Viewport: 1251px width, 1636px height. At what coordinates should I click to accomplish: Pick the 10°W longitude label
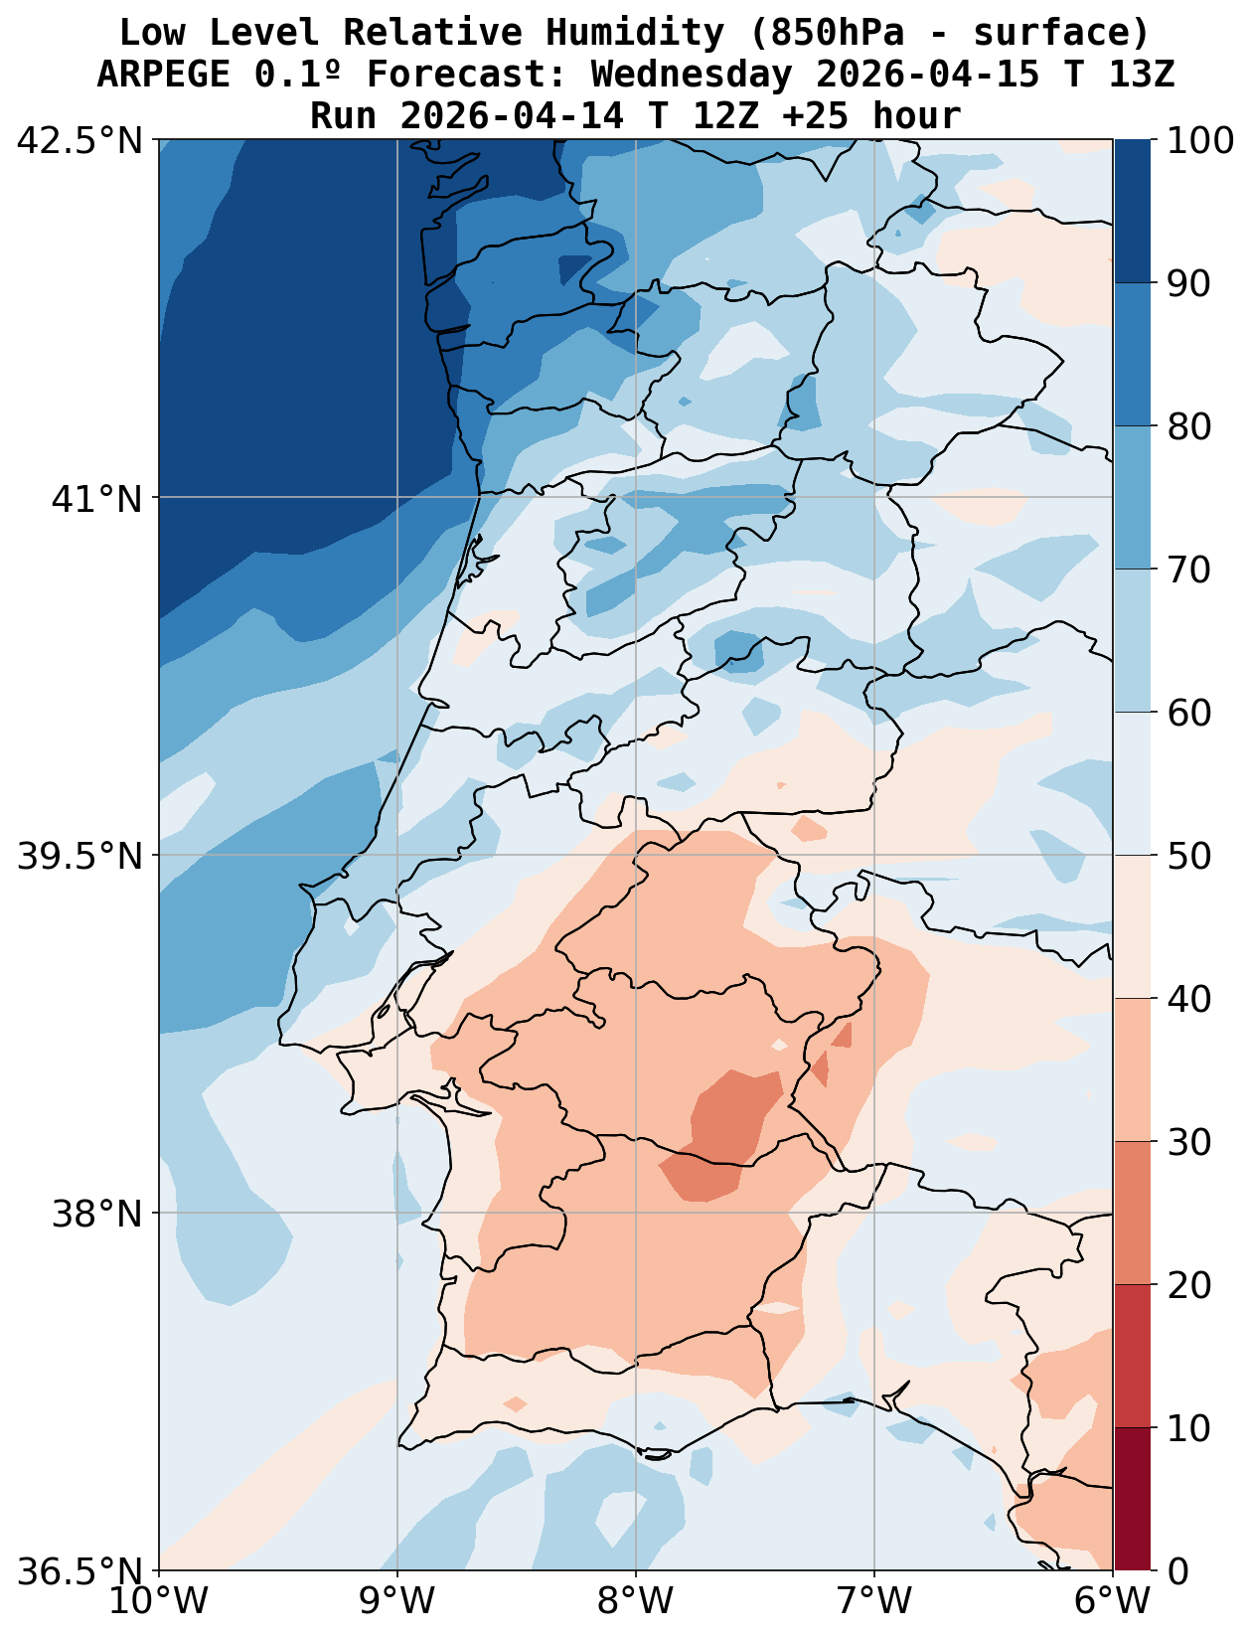159,1602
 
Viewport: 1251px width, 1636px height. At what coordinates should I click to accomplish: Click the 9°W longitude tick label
397,1602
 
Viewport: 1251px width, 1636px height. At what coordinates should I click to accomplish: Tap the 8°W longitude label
636,1602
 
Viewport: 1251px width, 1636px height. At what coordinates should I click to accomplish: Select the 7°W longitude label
874,1602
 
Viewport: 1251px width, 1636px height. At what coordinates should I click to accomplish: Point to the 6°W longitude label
1113,1602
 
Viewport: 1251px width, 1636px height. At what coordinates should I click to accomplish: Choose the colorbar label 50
1188,856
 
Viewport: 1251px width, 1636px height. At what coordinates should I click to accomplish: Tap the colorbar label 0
1176,1571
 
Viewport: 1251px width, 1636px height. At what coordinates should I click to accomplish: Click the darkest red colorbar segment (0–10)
1132,1499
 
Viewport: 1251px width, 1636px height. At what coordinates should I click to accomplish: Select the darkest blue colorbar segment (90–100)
1132,211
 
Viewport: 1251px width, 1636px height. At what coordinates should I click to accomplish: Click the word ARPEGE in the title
165,75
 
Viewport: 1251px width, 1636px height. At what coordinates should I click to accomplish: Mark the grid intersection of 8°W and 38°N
636,1214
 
